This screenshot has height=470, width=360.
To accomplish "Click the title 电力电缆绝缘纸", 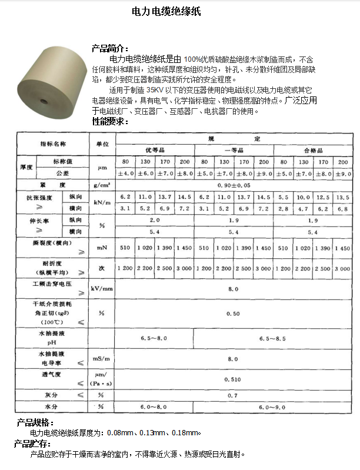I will click(167, 11).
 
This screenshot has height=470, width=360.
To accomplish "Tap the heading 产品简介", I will click(109, 49).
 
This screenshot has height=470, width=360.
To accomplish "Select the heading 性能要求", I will click(109, 122).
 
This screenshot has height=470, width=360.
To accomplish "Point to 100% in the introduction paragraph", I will click(192, 59).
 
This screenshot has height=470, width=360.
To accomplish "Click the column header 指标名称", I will click(52, 144).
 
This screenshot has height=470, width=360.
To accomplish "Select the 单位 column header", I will click(101, 144).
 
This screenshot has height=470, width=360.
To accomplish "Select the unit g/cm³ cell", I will click(101, 185).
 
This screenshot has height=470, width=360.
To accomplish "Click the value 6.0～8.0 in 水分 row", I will click(154, 406).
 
